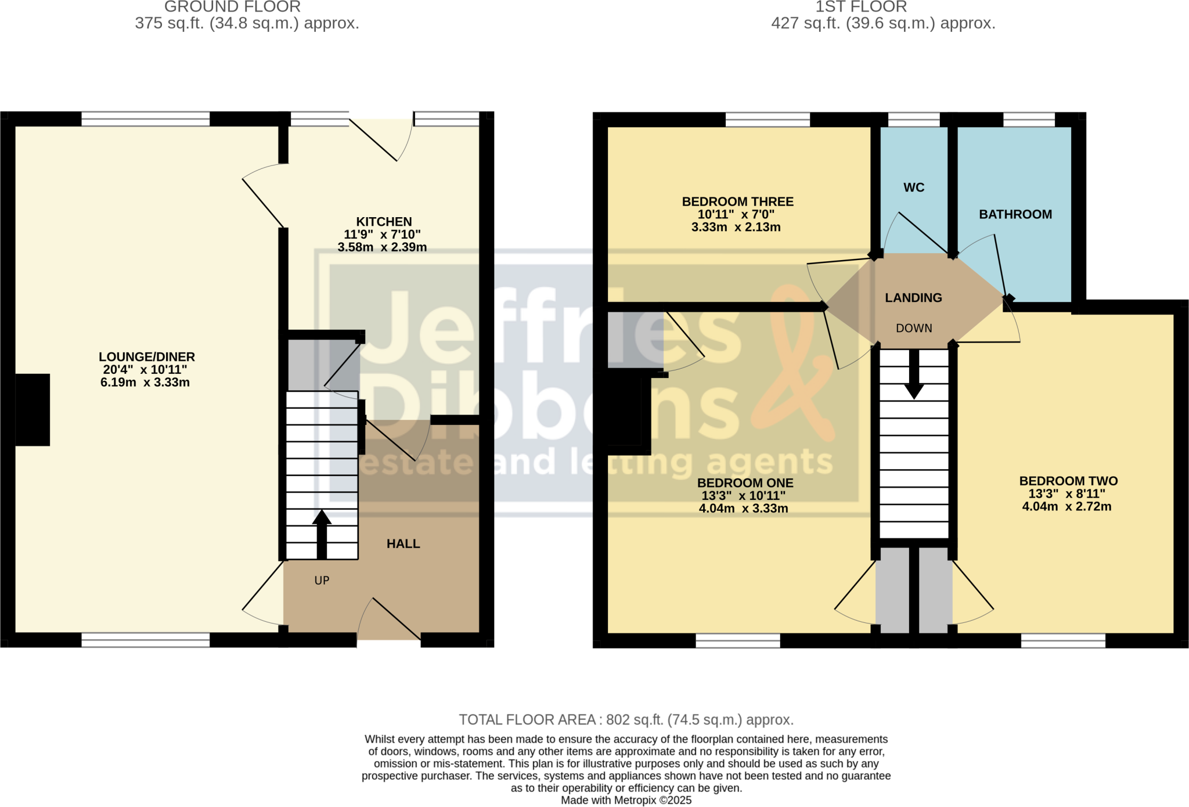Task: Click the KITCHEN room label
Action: (384, 222)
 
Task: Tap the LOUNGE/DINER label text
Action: (147, 357)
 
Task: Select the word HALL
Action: (403, 544)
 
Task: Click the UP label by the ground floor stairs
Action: (322, 581)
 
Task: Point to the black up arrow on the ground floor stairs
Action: (322, 534)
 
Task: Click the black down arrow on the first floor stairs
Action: (914, 374)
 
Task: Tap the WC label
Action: (914, 188)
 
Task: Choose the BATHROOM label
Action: (1015, 215)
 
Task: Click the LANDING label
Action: (913, 298)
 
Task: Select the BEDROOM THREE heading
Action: (737, 202)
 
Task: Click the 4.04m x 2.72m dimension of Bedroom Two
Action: (1067, 506)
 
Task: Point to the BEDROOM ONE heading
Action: (745, 483)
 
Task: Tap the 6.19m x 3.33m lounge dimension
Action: (145, 383)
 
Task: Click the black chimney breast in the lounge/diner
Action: (33, 410)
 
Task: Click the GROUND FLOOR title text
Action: (232, 7)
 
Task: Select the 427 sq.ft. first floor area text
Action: (883, 23)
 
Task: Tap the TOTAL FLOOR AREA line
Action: (626, 720)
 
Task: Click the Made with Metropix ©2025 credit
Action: (626, 800)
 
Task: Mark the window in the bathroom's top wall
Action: (1029, 120)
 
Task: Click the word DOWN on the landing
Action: (914, 329)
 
